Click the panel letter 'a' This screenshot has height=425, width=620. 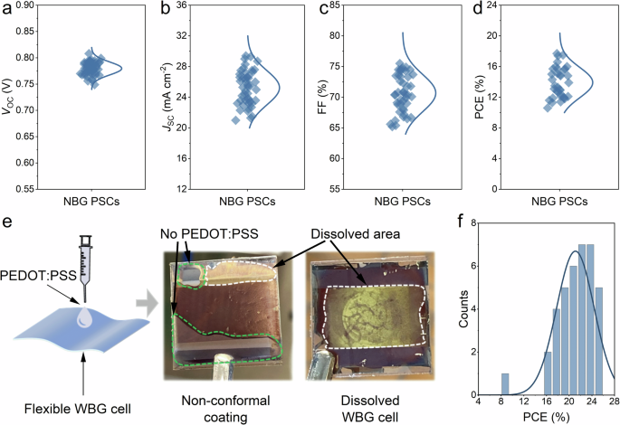[x=7, y=10]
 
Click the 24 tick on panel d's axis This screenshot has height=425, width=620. [x=498, y=5]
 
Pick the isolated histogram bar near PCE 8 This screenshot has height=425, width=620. [x=505, y=383]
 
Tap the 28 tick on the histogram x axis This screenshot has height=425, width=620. [x=613, y=404]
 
